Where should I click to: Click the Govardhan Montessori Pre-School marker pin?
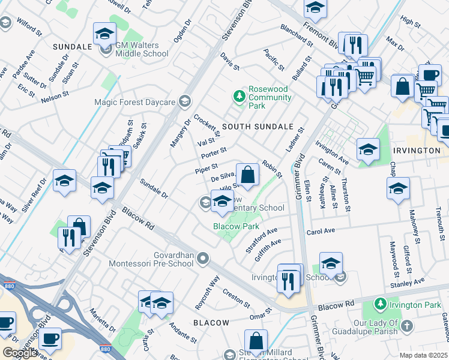click(203, 259)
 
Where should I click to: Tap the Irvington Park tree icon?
click(379, 305)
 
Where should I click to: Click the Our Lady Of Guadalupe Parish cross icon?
click(407, 326)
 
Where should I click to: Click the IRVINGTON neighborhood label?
click(417, 150)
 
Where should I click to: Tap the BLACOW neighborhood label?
click(211, 323)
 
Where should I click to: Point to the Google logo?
click(19, 353)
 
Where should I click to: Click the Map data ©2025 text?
click(424, 355)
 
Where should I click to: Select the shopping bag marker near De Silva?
click(247, 175)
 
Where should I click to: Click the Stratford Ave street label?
click(262, 239)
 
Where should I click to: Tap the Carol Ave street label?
click(321, 231)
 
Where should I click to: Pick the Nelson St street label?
click(52, 97)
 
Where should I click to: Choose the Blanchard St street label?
click(297, 35)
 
